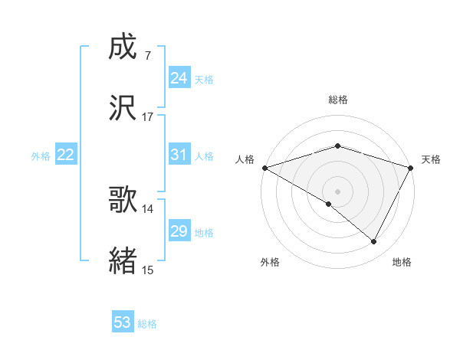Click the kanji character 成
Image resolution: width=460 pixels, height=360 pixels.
[123, 47]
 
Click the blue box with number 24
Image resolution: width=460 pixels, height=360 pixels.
[179, 77]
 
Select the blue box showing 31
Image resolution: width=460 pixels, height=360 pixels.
[179, 155]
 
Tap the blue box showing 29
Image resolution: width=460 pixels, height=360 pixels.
[179, 231]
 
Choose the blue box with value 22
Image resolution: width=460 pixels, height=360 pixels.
[66, 155]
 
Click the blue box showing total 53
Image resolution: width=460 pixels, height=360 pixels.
[123, 322]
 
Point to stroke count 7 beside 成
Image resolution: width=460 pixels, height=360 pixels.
[148, 56]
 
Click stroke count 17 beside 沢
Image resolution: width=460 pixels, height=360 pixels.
[148, 117]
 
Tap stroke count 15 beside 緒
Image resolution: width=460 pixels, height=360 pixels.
[148, 270]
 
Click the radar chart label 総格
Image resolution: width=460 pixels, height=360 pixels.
[338, 100]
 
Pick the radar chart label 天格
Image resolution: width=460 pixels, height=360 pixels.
[431, 159]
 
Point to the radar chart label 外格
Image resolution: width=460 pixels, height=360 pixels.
[270, 262]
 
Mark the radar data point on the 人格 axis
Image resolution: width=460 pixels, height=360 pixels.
[264, 168]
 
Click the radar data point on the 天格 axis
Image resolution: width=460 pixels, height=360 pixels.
[411, 168]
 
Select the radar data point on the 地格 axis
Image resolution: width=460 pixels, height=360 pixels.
[374, 241]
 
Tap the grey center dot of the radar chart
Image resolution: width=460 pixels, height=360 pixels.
[338, 191]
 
